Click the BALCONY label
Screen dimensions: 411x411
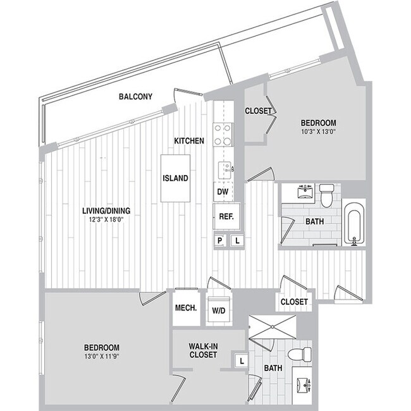coord(135,97)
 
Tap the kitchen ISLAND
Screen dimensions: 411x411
coord(175,178)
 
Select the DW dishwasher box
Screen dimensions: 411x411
coord(223,192)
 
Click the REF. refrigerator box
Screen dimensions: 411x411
coord(226,217)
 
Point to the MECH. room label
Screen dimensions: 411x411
coord(186,308)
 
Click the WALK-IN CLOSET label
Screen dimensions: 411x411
coord(203,350)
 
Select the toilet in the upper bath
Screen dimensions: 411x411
coord(326,195)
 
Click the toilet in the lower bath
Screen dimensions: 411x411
coord(300,354)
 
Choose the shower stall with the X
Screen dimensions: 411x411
coord(273,327)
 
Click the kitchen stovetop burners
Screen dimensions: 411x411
coord(223,135)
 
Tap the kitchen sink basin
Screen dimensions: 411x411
coord(224,170)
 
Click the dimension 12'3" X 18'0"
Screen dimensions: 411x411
coord(106,219)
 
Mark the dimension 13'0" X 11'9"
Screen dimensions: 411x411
coord(102,356)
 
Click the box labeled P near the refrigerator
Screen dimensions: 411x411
coord(220,240)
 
